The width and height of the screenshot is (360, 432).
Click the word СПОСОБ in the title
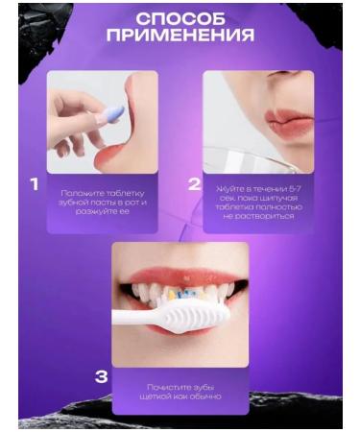pos(180,19)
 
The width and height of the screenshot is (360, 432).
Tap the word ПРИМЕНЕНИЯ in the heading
pos(180,37)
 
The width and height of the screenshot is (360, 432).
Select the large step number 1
pos(35,183)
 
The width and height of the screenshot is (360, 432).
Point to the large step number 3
pos(101,376)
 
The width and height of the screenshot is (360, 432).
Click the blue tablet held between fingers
pos(112,114)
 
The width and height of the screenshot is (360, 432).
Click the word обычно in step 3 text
pos(205,396)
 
